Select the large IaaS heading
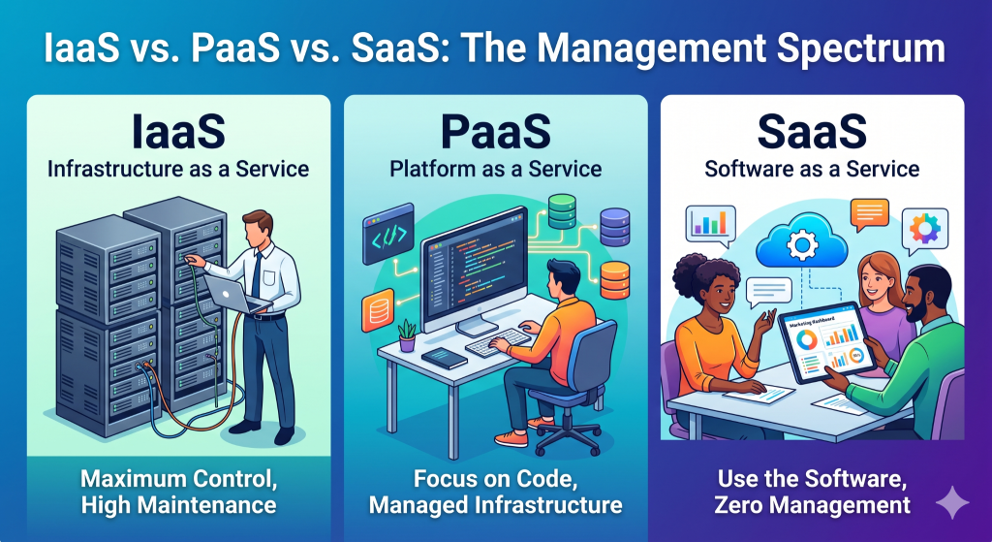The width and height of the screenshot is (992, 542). coord(178,132)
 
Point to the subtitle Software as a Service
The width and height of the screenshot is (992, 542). coord(812,170)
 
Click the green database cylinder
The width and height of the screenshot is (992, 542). coord(562,209)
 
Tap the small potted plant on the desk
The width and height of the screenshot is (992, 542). coord(407,335)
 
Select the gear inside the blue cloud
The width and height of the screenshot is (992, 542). coord(801,243)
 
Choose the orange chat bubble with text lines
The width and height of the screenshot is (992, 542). coord(870,211)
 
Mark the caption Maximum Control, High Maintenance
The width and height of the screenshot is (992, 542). coord(178,492)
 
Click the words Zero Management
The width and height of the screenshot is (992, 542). coord(812,504)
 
